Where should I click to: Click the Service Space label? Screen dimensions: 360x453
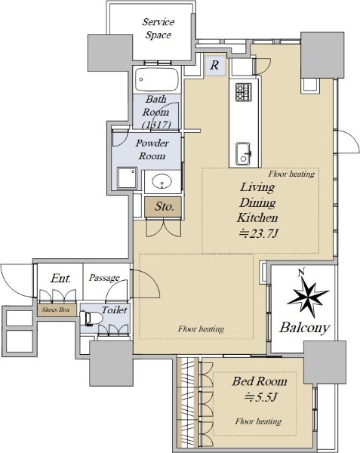(x=158, y=29)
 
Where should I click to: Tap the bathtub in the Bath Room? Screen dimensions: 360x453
(x=157, y=79)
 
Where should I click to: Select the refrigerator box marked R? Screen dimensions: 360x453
(x=214, y=65)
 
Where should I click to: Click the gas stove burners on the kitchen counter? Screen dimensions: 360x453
(x=243, y=92)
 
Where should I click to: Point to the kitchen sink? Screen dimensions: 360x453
(x=243, y=154)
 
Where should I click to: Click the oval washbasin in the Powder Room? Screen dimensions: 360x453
(x=162, y=181)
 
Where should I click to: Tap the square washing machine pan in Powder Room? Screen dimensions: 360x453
(x=127, y=178)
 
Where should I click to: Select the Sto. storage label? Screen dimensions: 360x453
(x=165, y=206)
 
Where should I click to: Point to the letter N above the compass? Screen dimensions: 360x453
(x=302, y=272)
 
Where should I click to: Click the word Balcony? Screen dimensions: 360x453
(x=305, y=328)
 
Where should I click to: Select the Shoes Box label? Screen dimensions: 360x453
(x=56, y=310)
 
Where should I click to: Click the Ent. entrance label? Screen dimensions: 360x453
(x=60, y=279)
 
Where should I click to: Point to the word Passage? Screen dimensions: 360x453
(x=104, y=278)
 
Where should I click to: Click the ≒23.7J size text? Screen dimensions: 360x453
(x=258, y=233)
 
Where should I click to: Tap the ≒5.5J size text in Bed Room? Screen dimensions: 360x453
(x=260, y=398)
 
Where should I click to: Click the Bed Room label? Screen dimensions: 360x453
(x=260, y=381)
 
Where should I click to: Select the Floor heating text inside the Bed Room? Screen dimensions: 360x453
(x=258, y=421)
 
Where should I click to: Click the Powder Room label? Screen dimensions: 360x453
(x=152, y=149)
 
